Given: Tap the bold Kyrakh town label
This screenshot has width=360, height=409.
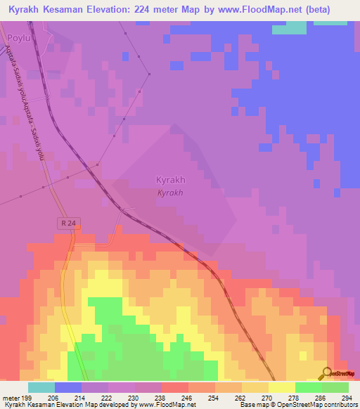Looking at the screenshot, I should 170,180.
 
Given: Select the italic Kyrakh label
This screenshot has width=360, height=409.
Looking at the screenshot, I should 170,193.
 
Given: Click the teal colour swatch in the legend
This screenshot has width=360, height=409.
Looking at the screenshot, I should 41,387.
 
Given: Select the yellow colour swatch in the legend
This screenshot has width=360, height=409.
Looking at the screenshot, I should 281,387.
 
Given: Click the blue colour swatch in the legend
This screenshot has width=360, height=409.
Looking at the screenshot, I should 68,387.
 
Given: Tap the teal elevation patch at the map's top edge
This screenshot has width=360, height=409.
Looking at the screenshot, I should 289,27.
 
